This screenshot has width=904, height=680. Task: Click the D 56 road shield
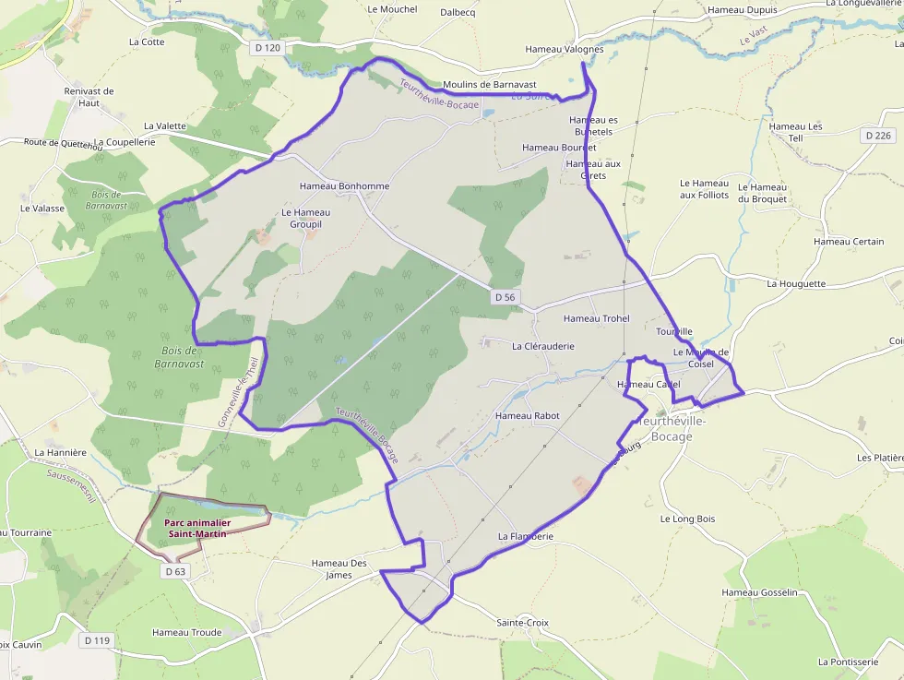tap(505, 297)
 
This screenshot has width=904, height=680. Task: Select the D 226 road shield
tap(879, 136)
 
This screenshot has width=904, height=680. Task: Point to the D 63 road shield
tap(175, 571)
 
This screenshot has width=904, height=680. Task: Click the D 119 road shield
tap(97, 640)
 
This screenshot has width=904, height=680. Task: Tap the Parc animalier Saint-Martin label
tap(197, 528)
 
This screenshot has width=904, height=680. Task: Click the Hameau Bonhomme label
tap(344, 186)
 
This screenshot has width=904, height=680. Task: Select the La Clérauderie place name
tap(543, 347)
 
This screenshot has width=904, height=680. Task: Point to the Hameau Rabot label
tap(528, 416)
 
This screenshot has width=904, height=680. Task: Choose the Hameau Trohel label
tap(596, 318)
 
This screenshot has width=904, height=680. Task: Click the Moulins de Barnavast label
tap(490, 84)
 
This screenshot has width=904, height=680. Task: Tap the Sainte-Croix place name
tap(522, 623)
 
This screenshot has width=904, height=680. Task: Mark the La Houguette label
tap(796, 284)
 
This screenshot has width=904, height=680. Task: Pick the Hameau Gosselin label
tap(759, 592)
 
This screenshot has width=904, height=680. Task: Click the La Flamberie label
tap(526, 536)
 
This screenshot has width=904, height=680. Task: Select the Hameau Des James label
tap(339, 569)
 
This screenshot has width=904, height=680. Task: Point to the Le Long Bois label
tap(687, 519)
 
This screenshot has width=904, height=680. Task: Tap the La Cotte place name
tap(147, 42)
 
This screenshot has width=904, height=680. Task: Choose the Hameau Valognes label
tap(564, 49)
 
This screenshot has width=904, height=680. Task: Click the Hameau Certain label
tap(849, 242)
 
